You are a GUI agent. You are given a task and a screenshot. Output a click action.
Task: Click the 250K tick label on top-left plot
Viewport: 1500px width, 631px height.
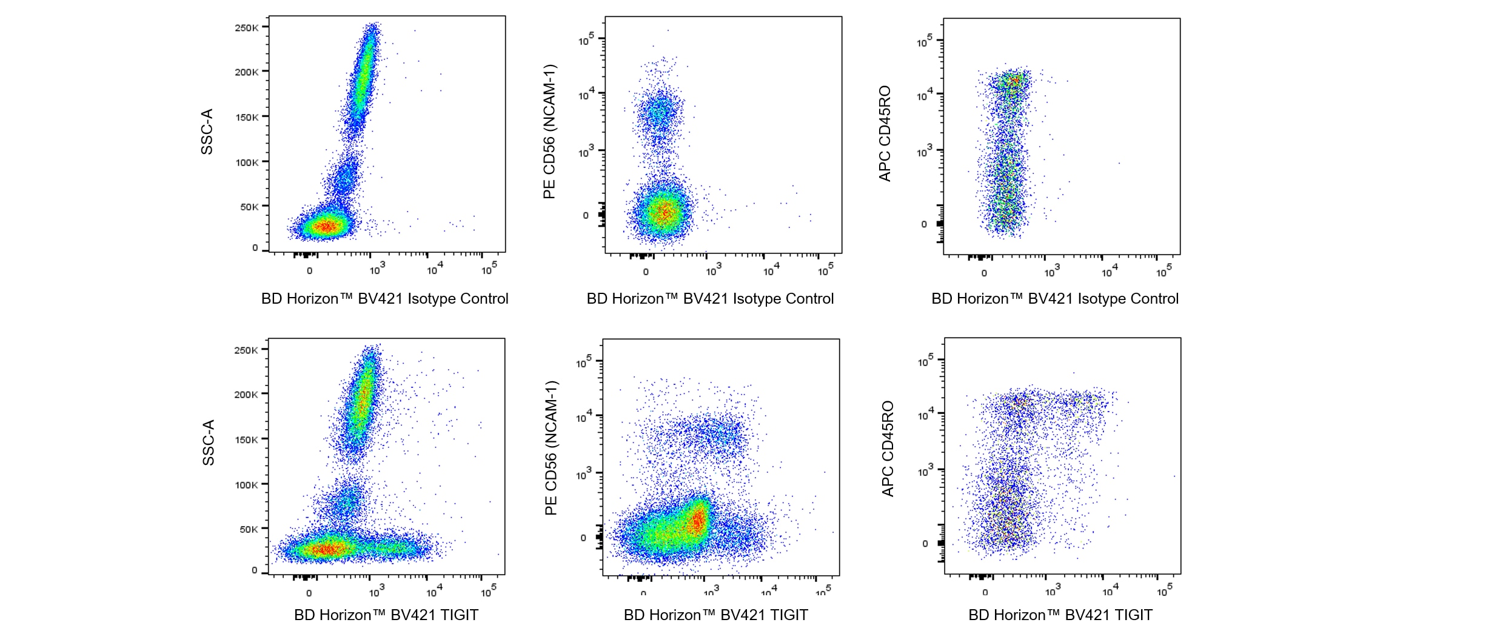(x=247, y=28)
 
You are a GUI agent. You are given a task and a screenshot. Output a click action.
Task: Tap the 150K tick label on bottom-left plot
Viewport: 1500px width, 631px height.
(x=246, y=439)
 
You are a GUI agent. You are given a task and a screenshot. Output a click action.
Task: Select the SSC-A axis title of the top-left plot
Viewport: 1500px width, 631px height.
(x=207, y=132)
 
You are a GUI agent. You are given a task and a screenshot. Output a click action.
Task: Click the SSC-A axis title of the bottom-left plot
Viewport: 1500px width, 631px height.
(x=209, y=442)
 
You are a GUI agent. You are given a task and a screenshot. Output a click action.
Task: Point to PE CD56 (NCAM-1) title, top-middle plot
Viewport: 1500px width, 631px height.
(x=549, y=132)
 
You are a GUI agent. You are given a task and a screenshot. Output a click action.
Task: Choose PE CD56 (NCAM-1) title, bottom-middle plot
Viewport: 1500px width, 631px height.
(x=551, y=448)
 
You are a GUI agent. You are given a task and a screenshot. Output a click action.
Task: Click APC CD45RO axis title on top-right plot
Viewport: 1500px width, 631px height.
(x=885, y=133)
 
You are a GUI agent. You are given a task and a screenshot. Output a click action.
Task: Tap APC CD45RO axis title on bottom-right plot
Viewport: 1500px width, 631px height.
(x=888, y=449)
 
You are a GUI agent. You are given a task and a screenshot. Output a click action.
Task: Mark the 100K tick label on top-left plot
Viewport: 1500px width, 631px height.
(x=247, y=162)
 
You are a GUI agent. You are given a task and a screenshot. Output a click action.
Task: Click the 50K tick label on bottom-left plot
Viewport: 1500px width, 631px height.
(x=249, y=529)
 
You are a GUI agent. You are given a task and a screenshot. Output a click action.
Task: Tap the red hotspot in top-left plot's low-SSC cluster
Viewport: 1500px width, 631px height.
(x=326, y=227)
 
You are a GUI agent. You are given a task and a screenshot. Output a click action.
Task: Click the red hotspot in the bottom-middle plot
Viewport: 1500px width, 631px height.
(x=698, y=520)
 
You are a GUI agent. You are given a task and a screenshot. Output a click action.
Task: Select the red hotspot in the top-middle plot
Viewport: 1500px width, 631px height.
(x=665, y=212)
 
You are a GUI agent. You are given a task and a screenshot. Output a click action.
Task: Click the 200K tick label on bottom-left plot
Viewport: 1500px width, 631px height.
(x=246, y=395)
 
